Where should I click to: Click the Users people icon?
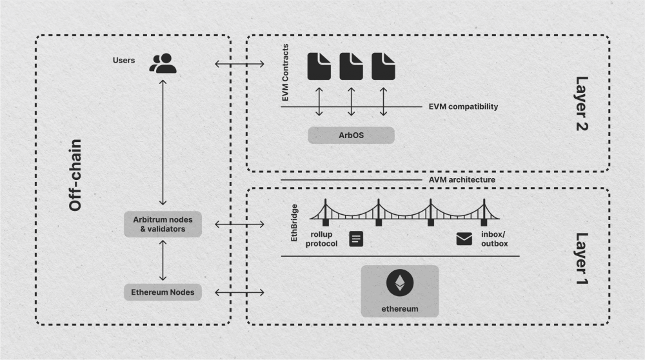[x=163, y=63]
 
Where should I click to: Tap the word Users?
[x=123, y=61]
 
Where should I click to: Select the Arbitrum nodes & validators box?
[x=163, y=224]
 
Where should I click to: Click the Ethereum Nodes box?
[x=163, y=292]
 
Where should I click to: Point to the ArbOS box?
[x=351, y=135]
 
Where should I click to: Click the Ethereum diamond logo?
[x=400, y=283]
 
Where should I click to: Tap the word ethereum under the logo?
[x=400, y=309]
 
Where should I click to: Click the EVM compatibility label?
[x=462, y=106]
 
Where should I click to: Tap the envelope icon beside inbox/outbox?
[x=464, y=239]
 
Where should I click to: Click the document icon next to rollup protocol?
[x=356, y=239]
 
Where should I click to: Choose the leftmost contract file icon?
[x=319, y=65]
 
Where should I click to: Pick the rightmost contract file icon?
[x=383, y=65]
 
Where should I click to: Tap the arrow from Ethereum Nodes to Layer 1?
[x=239, y=292]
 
